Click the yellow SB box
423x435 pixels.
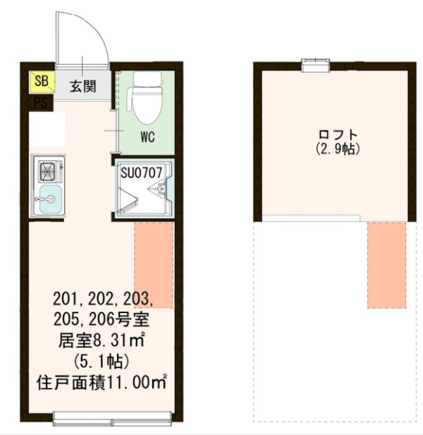click(42, 81)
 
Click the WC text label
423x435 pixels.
click(147, 135)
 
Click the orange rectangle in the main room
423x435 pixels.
click(154, 264)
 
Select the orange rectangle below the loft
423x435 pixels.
click(386, 265)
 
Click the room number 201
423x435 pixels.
click(65, 297)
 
